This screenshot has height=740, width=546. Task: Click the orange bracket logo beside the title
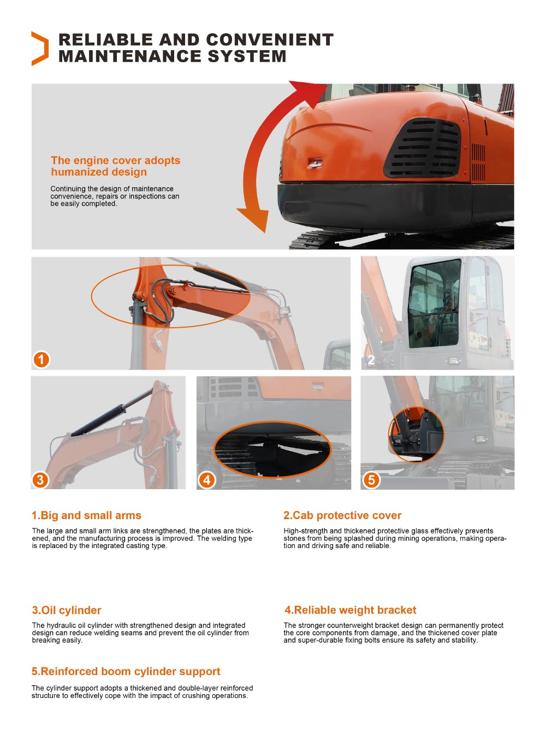coord(40,49)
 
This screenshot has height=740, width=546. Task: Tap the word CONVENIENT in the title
coord(270,40)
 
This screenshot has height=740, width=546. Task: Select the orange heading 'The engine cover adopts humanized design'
coord(115,166)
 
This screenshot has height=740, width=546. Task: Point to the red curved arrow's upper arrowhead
coord(308,91)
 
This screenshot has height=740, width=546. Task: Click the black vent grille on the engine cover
coord(423,148)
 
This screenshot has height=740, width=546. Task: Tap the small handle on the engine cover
coord(315,163)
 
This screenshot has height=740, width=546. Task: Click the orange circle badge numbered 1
coord(41,359)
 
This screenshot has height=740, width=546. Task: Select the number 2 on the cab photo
coord(371,360)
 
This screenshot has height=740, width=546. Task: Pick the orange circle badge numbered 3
coord(40,480)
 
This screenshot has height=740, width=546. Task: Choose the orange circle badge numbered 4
coord(206,480)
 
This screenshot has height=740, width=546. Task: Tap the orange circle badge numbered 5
coord(371,480)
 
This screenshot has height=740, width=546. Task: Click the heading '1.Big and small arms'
coord(86,515)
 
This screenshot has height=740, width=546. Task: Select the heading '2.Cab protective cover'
coord(342,515)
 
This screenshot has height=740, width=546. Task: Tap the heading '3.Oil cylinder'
coord(67,610)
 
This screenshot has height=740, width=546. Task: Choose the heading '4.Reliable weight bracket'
coord(350,610)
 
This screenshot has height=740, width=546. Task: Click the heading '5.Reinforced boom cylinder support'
coord(126,671)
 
